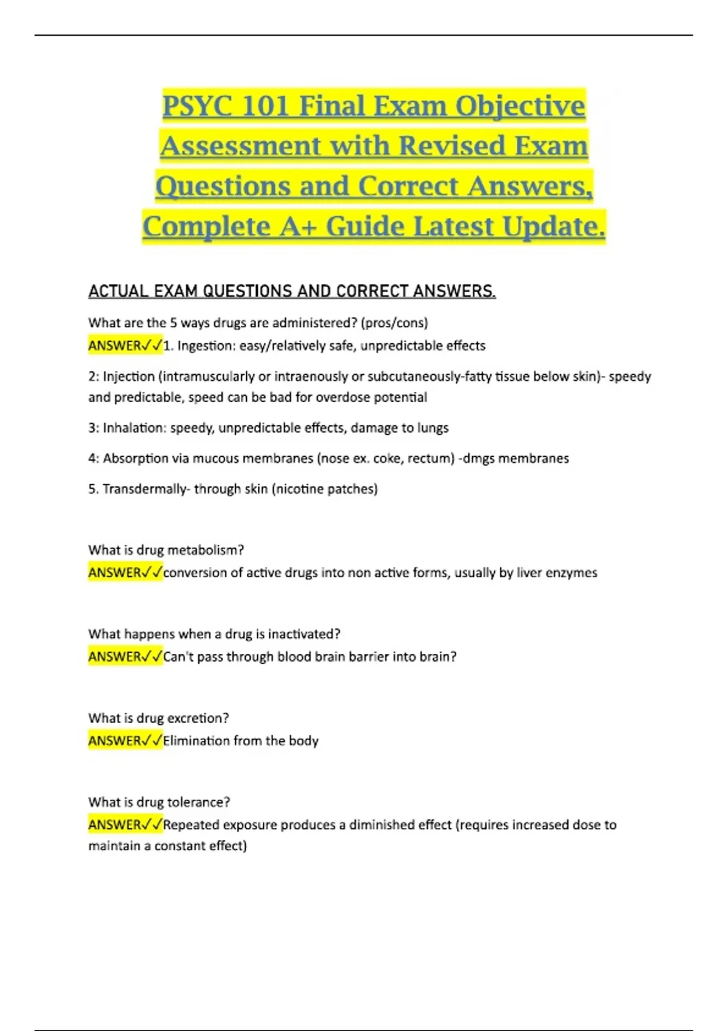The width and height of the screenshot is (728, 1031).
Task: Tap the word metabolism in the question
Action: (x=205, y=550)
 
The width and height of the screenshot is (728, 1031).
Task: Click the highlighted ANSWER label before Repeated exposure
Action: (x=115, y=825)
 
